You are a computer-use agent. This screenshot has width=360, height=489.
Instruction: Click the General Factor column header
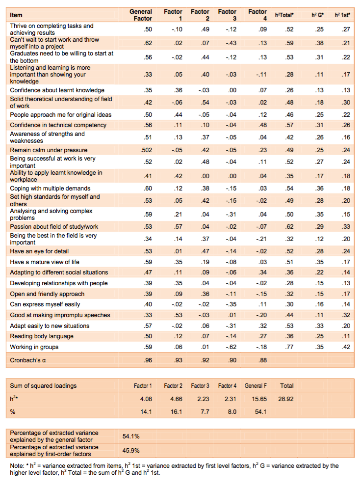coord(140,15)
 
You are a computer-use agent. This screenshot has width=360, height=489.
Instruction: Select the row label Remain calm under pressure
coord(49,150)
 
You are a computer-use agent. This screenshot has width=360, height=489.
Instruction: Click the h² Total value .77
coord(289,347)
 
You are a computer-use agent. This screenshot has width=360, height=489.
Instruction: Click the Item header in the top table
coord(16,15)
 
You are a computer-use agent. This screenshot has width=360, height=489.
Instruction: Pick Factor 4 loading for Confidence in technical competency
coord(263,125)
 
